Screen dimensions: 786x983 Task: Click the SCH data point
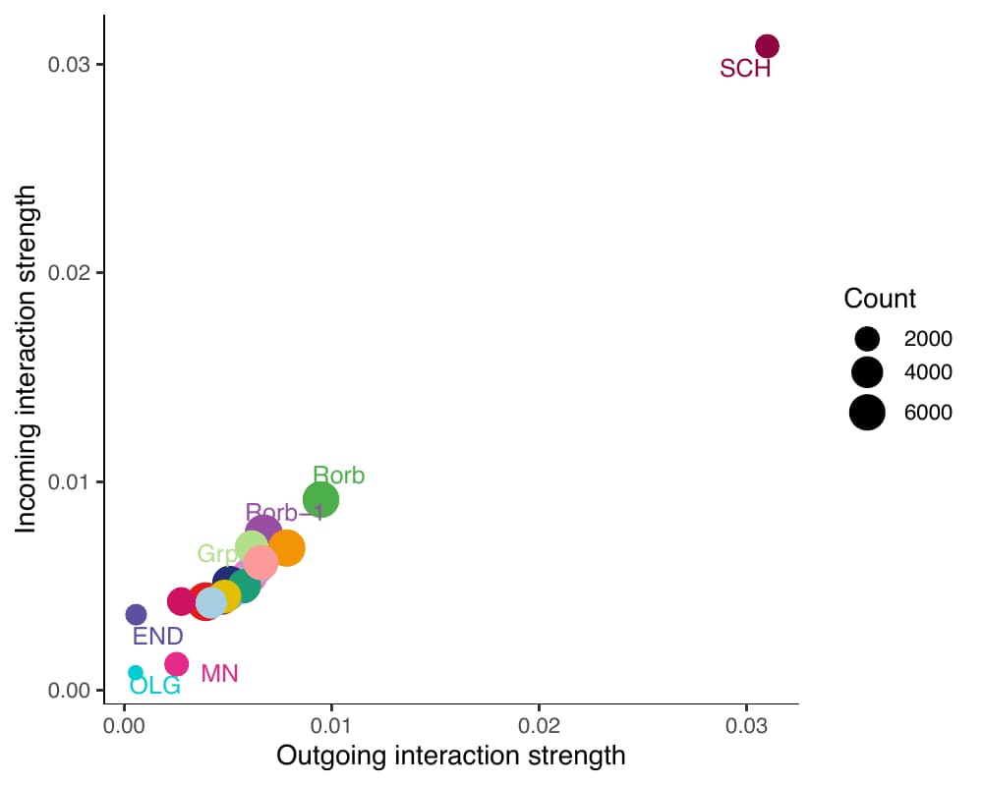click(x=767, y=46)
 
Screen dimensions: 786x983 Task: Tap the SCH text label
click(x=745, y=69)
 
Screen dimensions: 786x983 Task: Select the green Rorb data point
click(x=320, y=500)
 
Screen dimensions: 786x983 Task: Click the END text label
click(x=157, y=636)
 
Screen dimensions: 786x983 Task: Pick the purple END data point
click(x=137, y=615)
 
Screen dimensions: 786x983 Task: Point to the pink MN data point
click(x=176, y=664)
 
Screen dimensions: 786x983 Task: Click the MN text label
click(x=219, y=674)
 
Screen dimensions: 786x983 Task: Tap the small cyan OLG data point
click(x=136, y=673)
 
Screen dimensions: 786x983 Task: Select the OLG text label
click(x=155, y=686)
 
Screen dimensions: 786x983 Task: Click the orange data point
click(x=286, y=548)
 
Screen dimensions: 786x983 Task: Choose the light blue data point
click(x=210, y=602)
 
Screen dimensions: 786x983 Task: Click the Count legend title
click(x=880, y=299)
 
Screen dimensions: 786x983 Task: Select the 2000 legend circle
click(x=867, y=339)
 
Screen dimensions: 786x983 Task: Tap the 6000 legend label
click(x=928, y=413)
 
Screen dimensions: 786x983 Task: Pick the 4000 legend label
click(x=928, y=372)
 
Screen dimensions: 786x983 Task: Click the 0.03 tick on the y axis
click(x=71, y=65)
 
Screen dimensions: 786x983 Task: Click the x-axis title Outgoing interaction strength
click(x=451, y=756)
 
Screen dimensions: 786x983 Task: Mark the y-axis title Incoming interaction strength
click(x=27, y=359)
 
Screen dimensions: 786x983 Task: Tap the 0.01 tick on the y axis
click(x=71, y=482)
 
